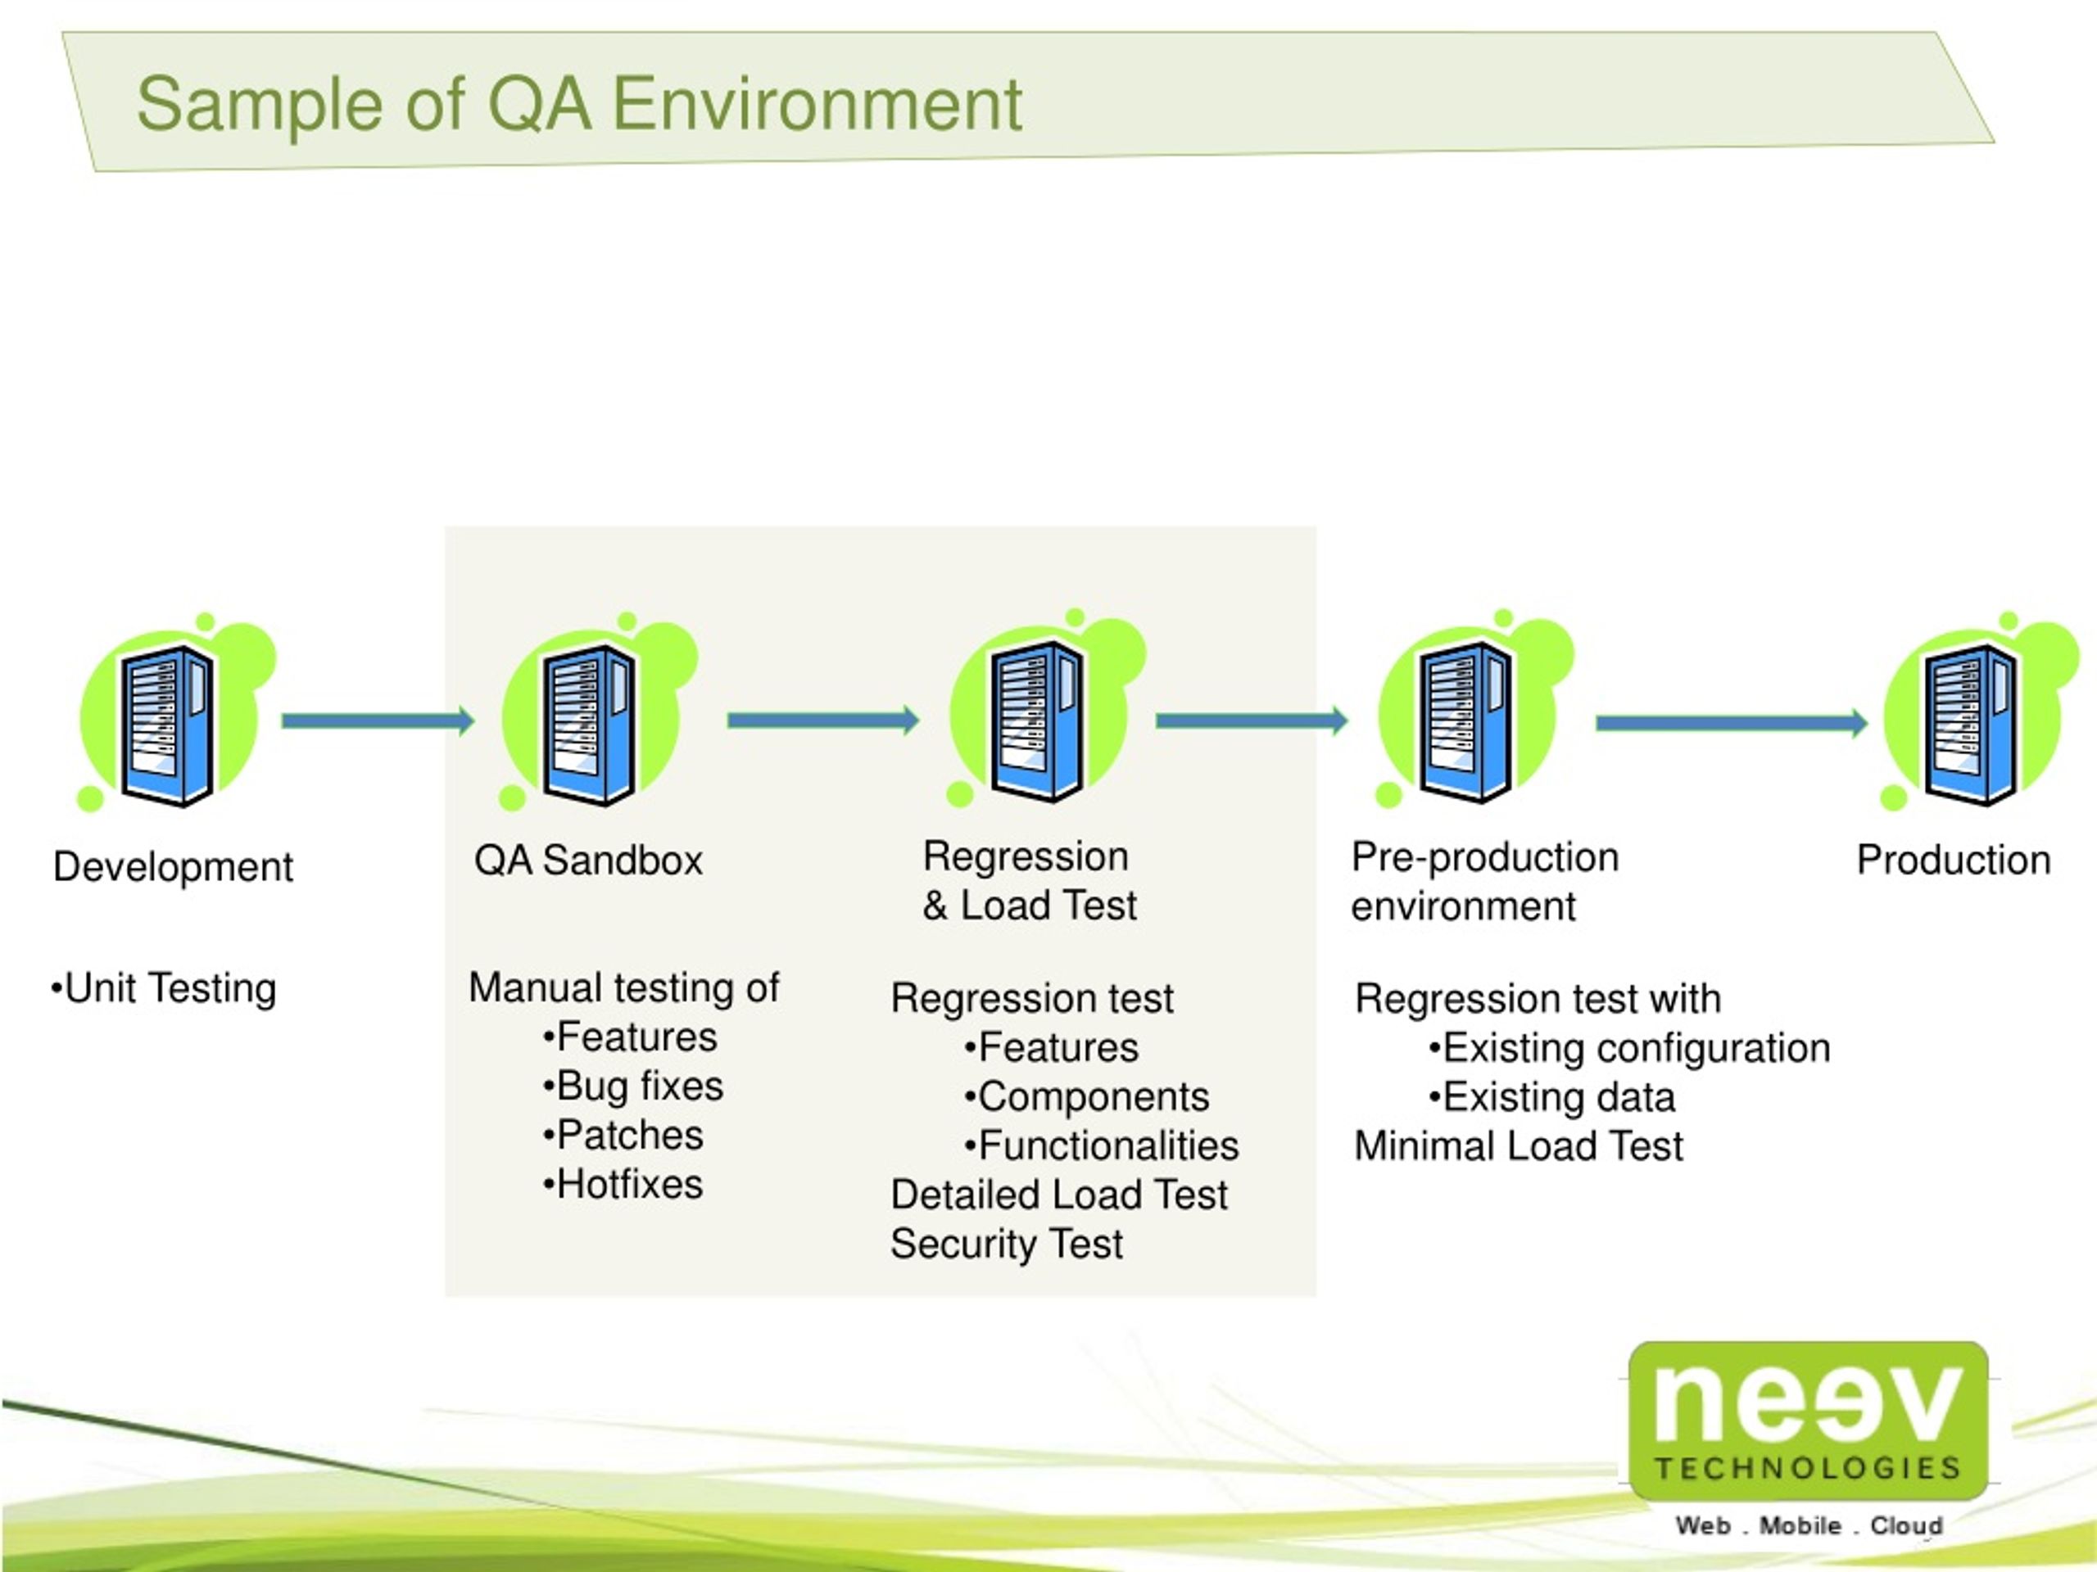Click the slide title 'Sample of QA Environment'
click(x=579, y=104)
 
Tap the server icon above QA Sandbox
click(x=599, y=711)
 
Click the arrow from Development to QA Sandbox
click(x=378, y=721)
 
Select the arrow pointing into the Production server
click(x=1731, y=723)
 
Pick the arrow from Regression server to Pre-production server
click(x=1252, y=721)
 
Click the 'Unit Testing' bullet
click(x=163, y=988)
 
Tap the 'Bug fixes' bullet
click(x=632, y=1086)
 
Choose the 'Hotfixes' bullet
click(x=622, y=1185)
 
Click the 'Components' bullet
click(x=1086, y=1097)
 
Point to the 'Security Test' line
click(x=1006, y=1244)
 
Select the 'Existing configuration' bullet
click(x=1628, y=1048)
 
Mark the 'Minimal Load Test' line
click(x=1519, y=1145)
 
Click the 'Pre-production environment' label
click(x=1484, y=881)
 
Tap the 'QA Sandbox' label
click(x=588, y=861)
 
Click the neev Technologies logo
click(x=1808, y=1420)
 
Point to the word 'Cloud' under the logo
click(x=1905, y=1525)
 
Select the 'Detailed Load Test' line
click(x=1059, y=1195)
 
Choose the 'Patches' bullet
click(x=622, y=1135)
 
